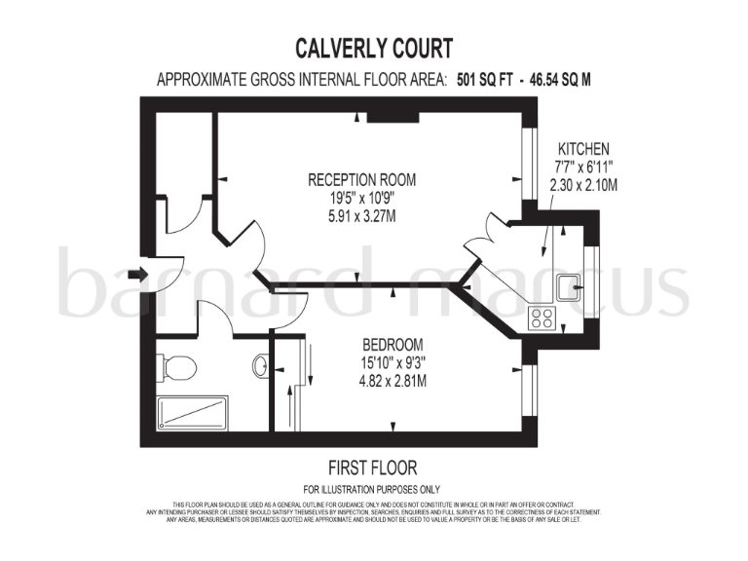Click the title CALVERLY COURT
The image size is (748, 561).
pyautogui.click(x=374, y=48)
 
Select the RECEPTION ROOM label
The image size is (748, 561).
pyautogui.click(x=361, y=179)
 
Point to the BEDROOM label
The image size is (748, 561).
pyautogui.click(x=393, y=345)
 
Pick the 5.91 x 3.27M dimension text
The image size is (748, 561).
pyautogui.click(x=361, y=216)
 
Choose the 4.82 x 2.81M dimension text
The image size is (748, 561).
pyautogui.click(x=393, y=381)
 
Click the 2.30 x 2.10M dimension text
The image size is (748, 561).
pyautogui.click(x=583, y=185)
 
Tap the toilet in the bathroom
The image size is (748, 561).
pyautogui.click(x=177, y=367)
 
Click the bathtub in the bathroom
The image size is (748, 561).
pyautogui.click(x=192, y=411)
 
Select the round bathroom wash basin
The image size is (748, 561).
pyautogui.click(x=260, y=366)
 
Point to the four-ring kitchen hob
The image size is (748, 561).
pyautogui.click(x=541, y=317)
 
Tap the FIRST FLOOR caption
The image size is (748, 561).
pyautogui.click(x=373, y=468)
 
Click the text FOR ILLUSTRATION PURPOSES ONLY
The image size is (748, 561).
pyautogui.click(x=372, y=489)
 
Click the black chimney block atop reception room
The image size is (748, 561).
pyautogui.click(x=393, y=118)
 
